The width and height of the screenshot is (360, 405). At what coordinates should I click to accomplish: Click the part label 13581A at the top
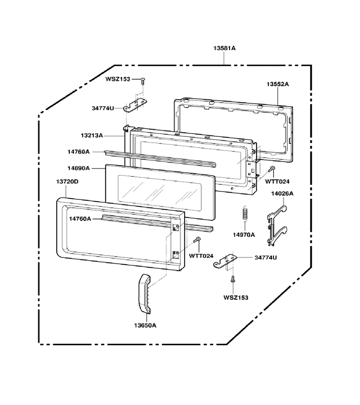coord(224,48)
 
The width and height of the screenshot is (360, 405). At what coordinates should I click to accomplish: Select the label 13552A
coord(278,84)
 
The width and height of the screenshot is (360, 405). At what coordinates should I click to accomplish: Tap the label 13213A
coord(92,135)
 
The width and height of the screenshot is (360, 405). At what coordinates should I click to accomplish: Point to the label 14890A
coord(78,168)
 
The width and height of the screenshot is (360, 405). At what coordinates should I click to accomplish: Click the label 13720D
coord(67,182)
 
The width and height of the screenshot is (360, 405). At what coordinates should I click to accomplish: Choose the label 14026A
coord(282,193)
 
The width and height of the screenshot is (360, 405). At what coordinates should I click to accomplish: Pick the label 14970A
coord(244,235)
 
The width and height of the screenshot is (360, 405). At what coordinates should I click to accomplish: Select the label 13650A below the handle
coord(145,325)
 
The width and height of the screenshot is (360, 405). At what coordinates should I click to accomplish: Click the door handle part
coord(144,294)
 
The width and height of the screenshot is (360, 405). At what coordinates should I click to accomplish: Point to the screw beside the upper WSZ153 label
coord(143,81)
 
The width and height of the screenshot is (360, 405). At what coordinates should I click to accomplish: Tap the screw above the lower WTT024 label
coord(197,239)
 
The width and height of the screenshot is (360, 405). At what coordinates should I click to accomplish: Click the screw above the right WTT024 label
coord(271,169)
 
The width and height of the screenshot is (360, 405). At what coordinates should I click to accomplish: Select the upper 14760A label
coord(78,152)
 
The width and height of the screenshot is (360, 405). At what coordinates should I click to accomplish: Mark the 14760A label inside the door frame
coord(80,219)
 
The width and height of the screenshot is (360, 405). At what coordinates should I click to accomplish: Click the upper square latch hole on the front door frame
coord(175,227)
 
